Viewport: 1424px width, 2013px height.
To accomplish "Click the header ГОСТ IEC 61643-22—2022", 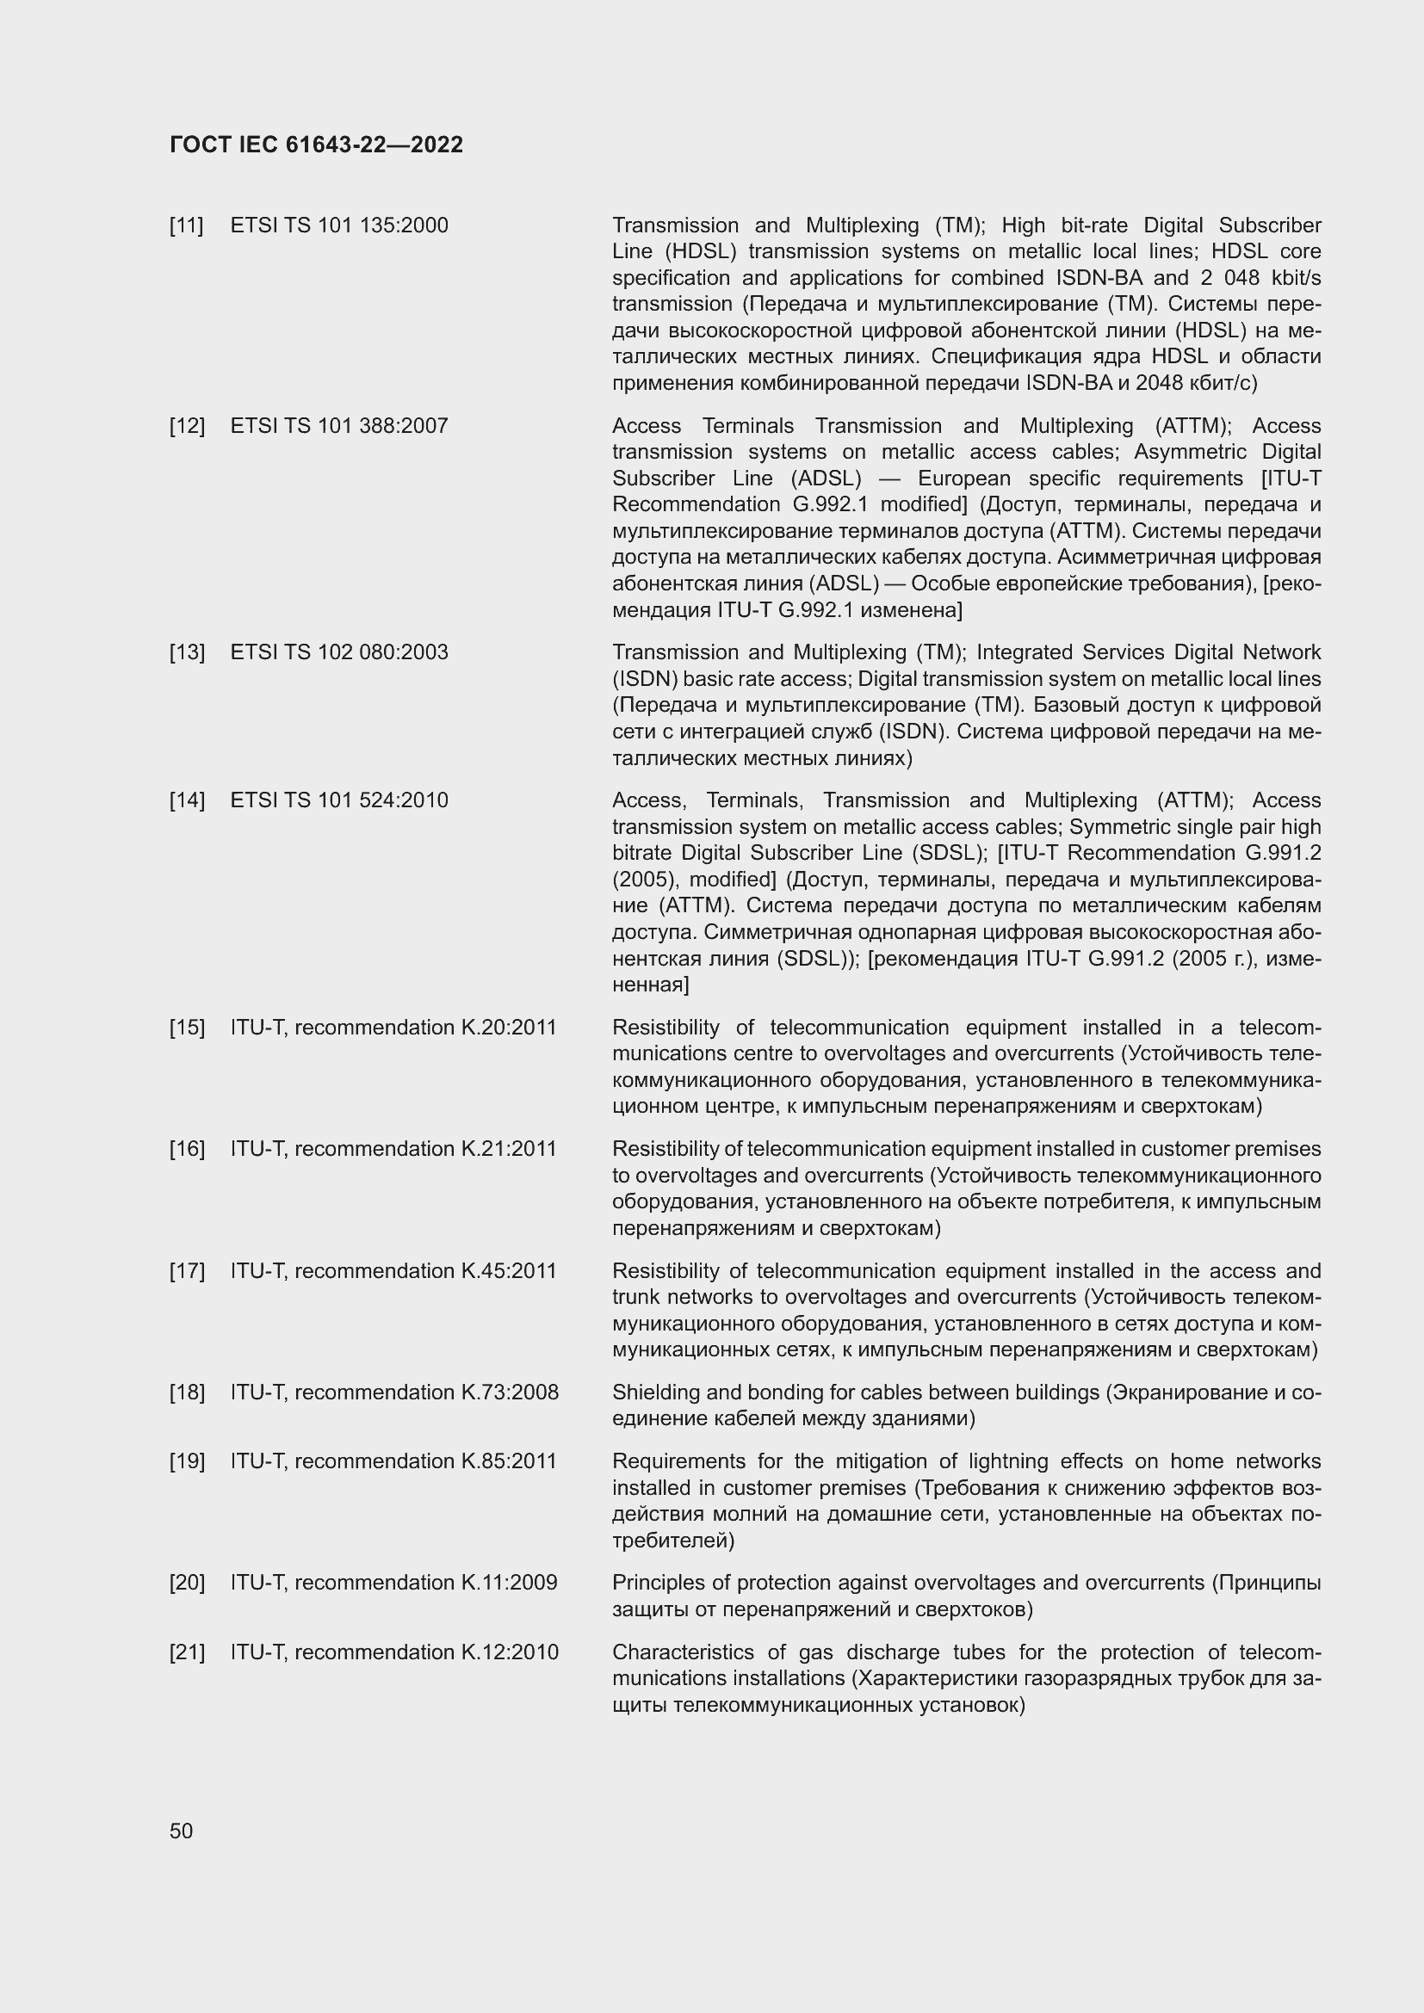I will pyautogui.click(x=316, y=145).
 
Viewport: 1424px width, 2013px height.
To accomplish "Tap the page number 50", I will pyautogui.click(x=181, y=1831).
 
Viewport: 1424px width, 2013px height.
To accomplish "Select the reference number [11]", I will pyautogui.click(x=186, y=225).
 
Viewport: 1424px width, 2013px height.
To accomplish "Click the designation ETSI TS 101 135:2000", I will pyautogui.click(x=338, y=225).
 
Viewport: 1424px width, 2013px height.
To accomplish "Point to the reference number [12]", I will pyautogui.click(x=186, y=426).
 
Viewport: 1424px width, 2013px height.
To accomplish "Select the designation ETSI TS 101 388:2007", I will pyautogui.click(x=338, y=426).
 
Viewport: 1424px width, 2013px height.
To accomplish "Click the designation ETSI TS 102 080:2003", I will pyautogui.click(x=338, y=652).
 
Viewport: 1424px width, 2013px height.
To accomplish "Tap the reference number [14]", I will pyautogui.click(x=186, y=800).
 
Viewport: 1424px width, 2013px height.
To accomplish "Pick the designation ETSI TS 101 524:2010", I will pyautogui.click(x=338, y=800).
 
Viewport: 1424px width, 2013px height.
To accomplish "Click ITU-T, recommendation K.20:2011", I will pyautogui.click(x=393, y=1028).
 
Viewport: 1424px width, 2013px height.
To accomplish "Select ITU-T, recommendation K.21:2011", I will pyautogui.click(x=393, y=1149).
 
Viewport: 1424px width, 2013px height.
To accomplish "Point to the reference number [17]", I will pyautogui.click(x=186, y=1270).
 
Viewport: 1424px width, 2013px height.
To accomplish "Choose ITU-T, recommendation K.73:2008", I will pyautogui.click(x=393, y=1392).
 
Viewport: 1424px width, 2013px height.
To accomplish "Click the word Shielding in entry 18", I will pyautogui.click(x=649, y=1392).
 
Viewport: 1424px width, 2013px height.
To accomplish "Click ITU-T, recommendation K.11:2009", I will pyautogui.click(x=393, y=1583).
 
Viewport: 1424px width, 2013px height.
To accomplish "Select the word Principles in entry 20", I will pyautogui.click(x=653, y=1583).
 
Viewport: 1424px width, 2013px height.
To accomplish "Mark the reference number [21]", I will pyautogui.click(x=186, y=1652).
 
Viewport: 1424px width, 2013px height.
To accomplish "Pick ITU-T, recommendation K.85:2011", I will pyautogui.click(x=393, y=1461).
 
